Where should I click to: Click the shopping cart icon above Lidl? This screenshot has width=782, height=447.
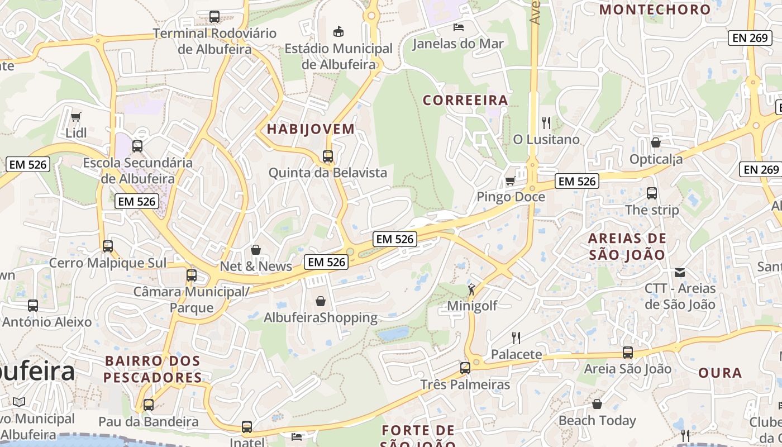(x=75, y=117)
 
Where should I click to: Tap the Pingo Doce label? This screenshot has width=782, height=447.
(x=511, y=197)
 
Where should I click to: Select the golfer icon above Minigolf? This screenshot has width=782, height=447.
(x=471, y=289)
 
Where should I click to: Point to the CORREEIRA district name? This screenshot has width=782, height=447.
(x=465, y=101)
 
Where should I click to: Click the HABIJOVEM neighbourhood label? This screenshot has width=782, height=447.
(x=311, y=129)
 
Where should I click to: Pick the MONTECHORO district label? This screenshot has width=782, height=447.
(x=655, y=9)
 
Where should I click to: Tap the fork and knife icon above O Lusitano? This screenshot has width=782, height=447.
(x=546, y=122)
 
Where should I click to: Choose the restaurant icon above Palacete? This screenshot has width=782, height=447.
(x=516, y=337)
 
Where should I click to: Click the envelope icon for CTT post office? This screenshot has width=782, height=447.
(x=680, y=273)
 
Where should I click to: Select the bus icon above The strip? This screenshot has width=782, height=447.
(x=652, y=193)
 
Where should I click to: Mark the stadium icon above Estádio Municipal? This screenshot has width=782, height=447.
(x=338, y=31)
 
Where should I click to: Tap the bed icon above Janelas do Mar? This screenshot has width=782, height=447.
(x=458, y=27)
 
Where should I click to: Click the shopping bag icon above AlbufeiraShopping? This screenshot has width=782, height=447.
(x=321, y=301)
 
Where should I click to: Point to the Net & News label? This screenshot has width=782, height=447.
(x=256, y=267)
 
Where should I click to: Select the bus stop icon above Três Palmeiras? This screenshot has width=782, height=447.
(x=465, y=368)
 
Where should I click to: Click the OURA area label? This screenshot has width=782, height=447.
(x=720, y=373)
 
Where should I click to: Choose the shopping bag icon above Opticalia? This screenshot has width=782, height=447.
(x=656, y=142)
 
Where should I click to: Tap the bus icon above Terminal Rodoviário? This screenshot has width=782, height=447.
(x=214, y=16)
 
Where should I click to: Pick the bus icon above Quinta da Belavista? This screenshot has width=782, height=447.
(x=328, y=156)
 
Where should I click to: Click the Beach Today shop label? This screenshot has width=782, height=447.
(x=597, y=420)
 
